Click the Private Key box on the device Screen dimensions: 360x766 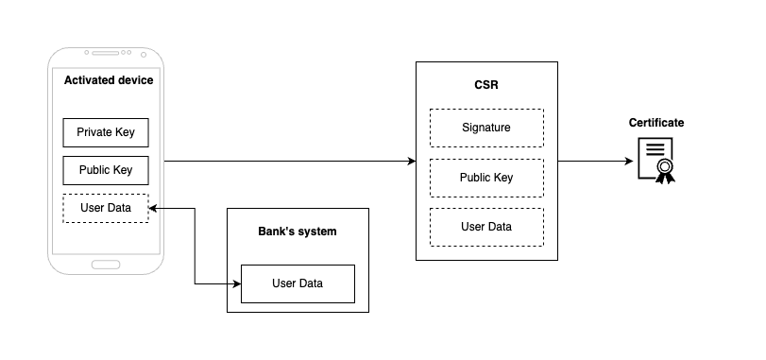[106, 132]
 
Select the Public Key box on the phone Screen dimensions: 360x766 [106, 170]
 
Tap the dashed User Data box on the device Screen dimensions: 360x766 [106, 208]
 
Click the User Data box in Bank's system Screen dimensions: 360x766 [298, 283]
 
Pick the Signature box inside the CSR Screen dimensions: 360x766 [486, 128]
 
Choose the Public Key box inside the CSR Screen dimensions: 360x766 [486, 178]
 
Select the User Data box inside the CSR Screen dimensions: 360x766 [486, 227]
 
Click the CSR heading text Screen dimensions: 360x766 [486, 85]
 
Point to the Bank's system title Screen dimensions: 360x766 [298, 231]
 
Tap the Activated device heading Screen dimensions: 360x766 [108, 80]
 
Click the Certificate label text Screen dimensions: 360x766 [656, 123]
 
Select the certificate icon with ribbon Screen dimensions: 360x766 [656, 160]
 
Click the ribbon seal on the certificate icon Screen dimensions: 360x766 [666, 170]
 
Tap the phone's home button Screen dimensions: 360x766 [106, 264]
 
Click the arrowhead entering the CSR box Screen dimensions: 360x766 [411, 162]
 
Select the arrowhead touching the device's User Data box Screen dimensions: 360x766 [154, 208]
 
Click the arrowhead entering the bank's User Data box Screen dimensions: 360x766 [236, 283]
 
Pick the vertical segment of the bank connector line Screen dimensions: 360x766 [195, 246]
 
